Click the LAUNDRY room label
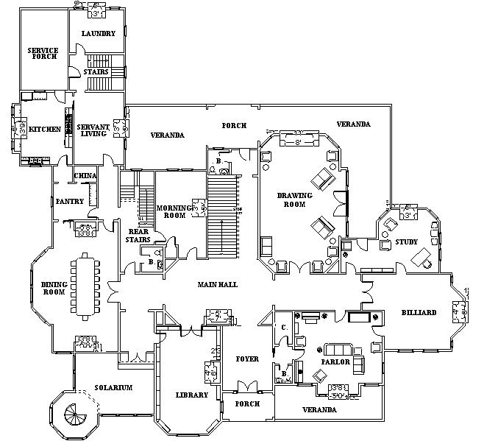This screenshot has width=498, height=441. (x=98, y=34)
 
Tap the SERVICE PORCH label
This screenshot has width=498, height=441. (x=43, y=54)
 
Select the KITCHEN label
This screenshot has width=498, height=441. (x=44, y=130)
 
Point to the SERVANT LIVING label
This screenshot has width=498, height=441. (x=93, y=130)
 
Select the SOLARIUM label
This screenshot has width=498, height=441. (x=113, y=388)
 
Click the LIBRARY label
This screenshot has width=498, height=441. (x=192, y=395)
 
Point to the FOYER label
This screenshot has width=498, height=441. (x=247, y=359)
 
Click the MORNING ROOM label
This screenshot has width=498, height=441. (x=174, y=212)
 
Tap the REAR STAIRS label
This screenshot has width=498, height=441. (x=139, y=236)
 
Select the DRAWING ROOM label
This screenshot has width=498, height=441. (x=295, y=200)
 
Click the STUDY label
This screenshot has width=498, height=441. (x=406, y=242)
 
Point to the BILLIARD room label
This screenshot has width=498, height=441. (x=419, y=312)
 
